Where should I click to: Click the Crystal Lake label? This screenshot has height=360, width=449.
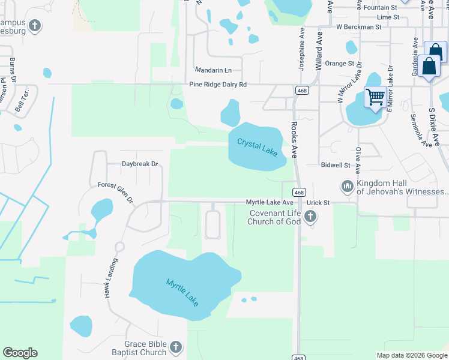pos(257,147)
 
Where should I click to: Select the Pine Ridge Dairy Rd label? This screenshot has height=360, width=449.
pos(218,85)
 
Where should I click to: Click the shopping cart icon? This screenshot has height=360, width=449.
pos(375,96)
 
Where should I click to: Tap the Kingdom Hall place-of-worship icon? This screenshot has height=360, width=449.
pos(347,187)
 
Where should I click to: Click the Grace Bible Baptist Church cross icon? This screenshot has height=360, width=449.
pos(176,347)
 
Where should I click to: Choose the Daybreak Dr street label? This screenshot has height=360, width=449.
pos(139,164)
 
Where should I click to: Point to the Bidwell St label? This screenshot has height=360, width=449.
pos(336,164)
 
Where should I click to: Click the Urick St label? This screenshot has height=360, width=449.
pos(318,203)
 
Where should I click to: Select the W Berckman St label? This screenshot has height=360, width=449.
pos(358,27)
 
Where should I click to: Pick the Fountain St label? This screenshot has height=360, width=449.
pos(381,8)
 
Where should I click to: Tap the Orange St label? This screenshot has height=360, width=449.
pos(339,64)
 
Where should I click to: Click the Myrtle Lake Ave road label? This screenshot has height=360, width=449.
pos(270,203)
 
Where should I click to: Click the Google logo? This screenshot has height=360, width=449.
pos(20,353)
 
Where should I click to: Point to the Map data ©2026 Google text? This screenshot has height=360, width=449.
pos(411,355)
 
